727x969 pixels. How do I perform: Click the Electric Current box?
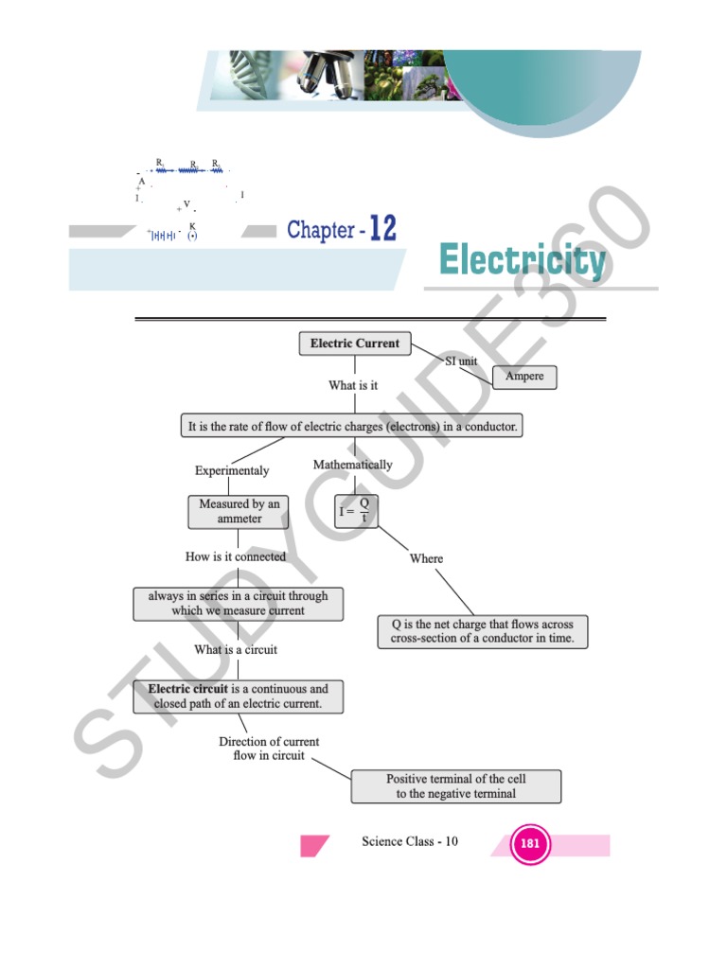coord(355,344)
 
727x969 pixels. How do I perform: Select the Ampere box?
coord(524,377)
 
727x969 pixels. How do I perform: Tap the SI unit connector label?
coord(461,361)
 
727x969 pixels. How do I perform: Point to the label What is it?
coord(353,386)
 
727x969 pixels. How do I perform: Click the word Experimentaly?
coord(232,470)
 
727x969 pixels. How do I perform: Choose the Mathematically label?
coord(352,465)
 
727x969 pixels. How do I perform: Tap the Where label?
coord(426,558)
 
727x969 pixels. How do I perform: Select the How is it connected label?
coord(236,556)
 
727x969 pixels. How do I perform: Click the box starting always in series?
coord(238,604)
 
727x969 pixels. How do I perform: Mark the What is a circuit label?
coord(236,650)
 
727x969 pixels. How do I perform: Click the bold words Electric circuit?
coord(187,689)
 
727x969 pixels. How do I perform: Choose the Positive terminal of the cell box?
coord(455,786)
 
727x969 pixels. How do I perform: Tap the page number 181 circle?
coord(530,844)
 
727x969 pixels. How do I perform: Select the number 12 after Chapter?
coord(382,228)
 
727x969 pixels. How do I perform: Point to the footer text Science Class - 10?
coord(410,841)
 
